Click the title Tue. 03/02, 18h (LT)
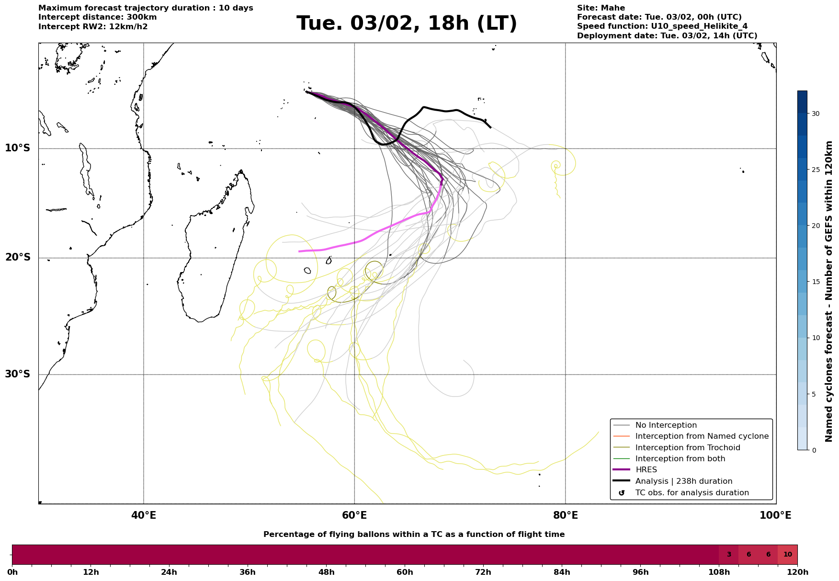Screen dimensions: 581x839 tap(407, 23)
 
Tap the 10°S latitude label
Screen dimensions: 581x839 tap(18, 148)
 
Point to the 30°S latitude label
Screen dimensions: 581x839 tap(18, 374)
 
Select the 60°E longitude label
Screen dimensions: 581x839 tap(354, 515)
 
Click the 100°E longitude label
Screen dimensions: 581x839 tap(776, 515)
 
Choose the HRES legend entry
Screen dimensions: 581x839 tap(646, 470)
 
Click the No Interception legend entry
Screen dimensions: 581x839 tap(666, 425)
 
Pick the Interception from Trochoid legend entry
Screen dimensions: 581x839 tap(687, 448)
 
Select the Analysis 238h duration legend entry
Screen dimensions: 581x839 tap(683, 481)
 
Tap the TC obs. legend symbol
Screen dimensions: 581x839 tap(622, 493)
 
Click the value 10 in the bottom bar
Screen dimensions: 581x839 tap(787, 555)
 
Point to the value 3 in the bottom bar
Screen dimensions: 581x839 tap(729, 555)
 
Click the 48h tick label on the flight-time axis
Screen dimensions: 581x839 tap(326, 572)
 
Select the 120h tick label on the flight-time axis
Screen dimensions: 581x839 tap(797, 572)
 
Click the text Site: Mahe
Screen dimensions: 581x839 tap(601, 8)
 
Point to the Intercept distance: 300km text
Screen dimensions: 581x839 tap(97, 17)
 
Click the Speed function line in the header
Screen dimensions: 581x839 tap(662, 26)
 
